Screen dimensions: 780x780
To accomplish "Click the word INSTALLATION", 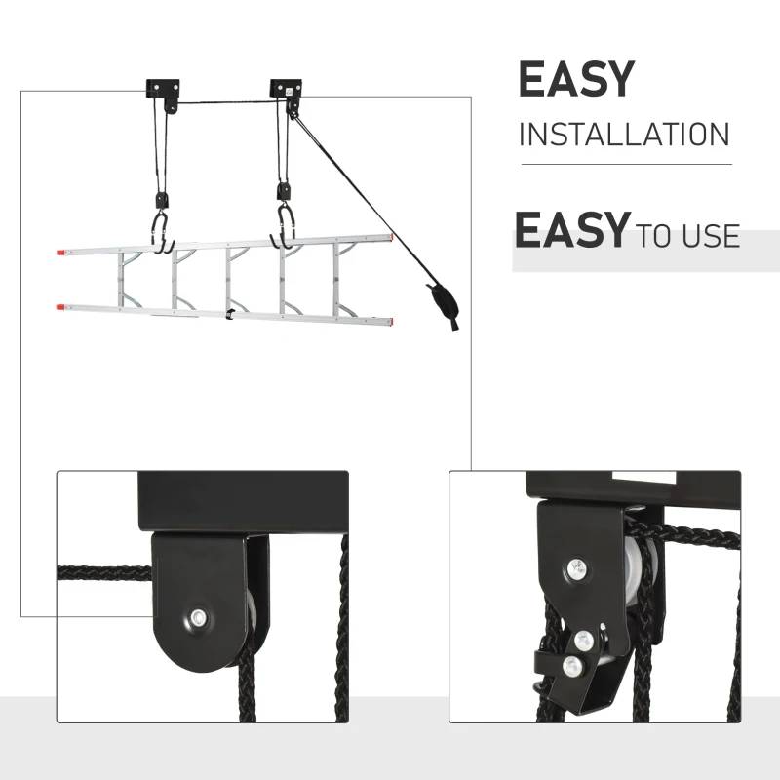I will (x=624, y=134).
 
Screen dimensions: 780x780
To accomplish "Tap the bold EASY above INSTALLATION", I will (x=576, y=80).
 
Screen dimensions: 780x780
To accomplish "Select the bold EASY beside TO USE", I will (x=571, y=231).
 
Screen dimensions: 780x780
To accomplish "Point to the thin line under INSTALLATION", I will (x=624, y=164).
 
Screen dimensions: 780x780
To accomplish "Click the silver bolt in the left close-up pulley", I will (x=199, y=616).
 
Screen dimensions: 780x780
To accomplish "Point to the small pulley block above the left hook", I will (x=163, y=197).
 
